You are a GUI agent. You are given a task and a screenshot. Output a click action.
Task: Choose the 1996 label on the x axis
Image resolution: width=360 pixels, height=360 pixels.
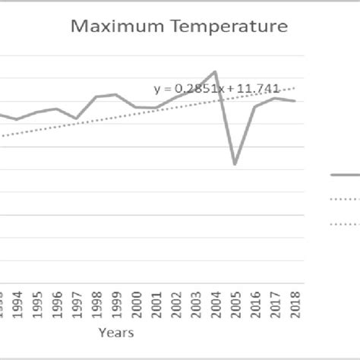tap(55, 304)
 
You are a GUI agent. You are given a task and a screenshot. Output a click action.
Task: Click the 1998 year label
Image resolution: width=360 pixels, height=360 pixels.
tap(96, 304)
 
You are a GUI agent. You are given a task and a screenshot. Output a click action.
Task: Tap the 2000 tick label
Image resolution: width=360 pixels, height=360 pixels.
tap(135, 304)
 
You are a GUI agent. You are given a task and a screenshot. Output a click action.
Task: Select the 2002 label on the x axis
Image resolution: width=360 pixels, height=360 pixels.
tap(175, 304)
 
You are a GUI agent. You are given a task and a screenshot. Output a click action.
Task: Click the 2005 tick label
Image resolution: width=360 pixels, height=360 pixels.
tap(235, 304)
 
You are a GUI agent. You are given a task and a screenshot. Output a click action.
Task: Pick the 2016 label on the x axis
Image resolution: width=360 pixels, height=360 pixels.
tap(255, 304)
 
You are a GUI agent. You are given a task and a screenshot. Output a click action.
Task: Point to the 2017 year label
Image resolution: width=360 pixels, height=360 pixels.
tap(275, 304)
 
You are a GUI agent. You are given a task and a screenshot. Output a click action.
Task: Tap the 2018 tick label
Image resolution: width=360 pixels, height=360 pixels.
tap(295, 304)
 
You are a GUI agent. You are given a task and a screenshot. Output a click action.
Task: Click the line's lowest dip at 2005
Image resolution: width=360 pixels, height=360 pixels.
tap(235, 164)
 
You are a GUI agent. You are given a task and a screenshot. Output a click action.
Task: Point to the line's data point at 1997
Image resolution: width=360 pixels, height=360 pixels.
tap(76, 119)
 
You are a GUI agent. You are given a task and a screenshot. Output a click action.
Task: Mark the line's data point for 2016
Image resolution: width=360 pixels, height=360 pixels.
tap(255, 106)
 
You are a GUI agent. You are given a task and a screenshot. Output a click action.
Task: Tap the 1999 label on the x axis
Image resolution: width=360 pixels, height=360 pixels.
tap(115, 304)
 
